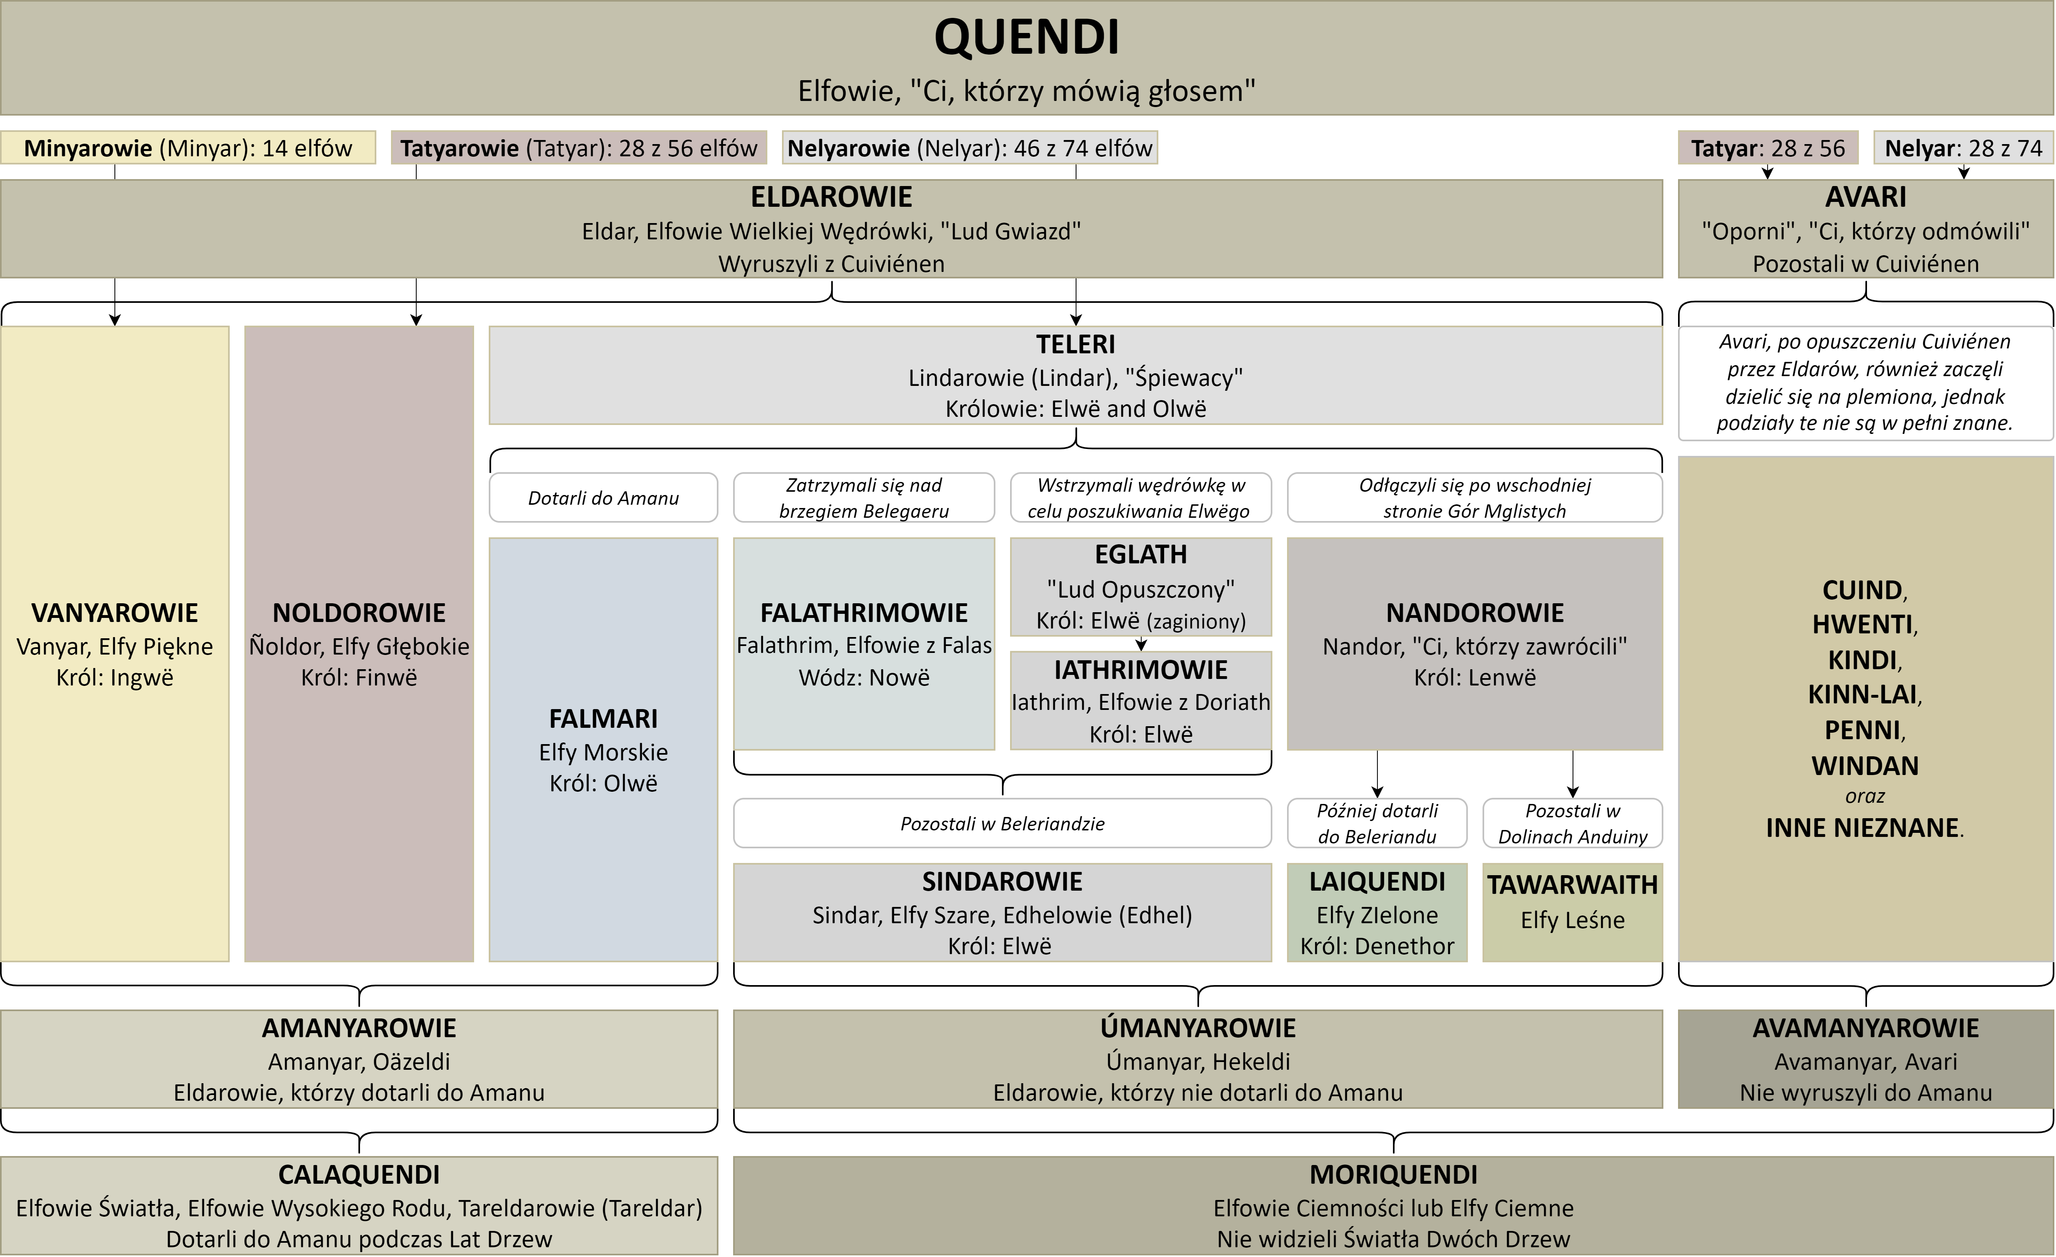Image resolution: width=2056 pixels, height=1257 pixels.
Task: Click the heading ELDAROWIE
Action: [x=831, y=197]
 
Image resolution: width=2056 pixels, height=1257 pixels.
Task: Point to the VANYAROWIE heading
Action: [x=114, y=613]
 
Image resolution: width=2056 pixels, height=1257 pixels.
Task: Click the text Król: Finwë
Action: [x=359, y=677]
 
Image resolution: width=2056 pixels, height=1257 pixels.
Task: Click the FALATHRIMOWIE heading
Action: [x=863, y=613]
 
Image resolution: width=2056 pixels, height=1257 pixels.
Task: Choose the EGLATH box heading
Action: [x=1141, y=555]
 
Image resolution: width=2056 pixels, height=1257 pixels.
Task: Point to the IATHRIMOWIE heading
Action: [x=1141, y=670]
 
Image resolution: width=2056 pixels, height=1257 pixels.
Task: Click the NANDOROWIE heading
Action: [x=1474, y=613]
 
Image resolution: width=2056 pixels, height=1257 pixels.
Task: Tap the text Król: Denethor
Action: [x=1377, y=946]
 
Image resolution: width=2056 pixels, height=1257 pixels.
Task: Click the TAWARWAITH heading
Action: [x=1572, y=885]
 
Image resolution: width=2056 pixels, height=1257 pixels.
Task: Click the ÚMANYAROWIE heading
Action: [x=1197, y=1029]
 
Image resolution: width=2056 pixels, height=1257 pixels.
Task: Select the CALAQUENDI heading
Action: [x=359, y=1174]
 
